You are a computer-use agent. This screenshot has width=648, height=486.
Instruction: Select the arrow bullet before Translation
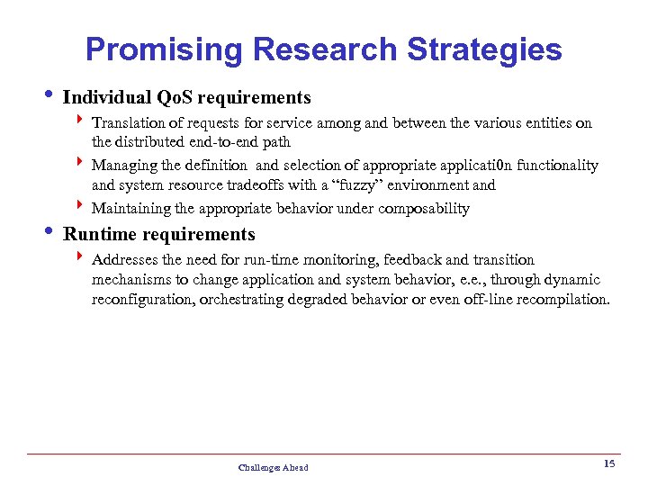click(81, 121)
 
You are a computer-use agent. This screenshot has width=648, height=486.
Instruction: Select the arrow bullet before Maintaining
click(81, 208)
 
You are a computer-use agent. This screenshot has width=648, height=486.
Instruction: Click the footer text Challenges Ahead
click(273, 467)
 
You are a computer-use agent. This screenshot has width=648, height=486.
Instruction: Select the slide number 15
click(608, 463)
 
